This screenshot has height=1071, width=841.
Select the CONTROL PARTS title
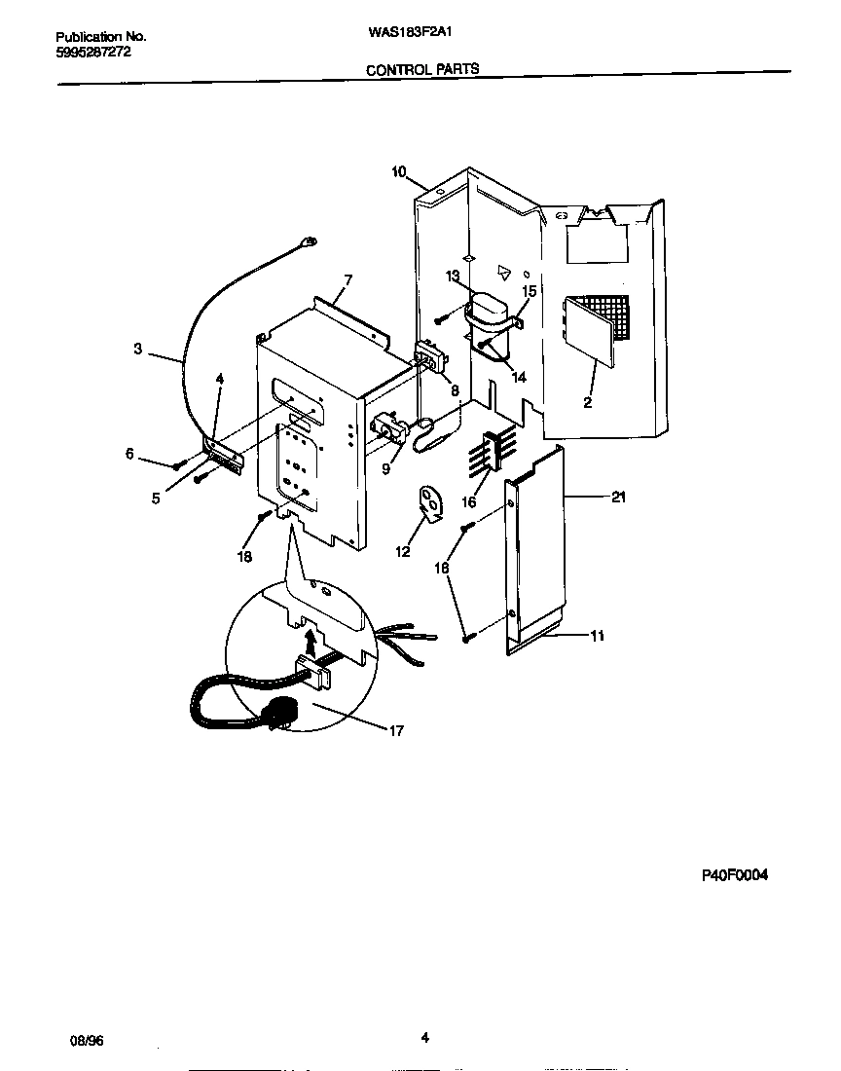(x=421, y=69)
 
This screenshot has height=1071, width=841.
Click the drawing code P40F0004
(x=735, y=875)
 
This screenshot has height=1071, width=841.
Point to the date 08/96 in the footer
(x=87, y=1039)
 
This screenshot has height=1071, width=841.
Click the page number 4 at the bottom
(x=424, y=1037)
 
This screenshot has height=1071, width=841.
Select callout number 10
(x=399, y=172)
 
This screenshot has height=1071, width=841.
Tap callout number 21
(x=617, y=498)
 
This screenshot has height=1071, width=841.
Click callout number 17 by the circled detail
(x=395, y=730)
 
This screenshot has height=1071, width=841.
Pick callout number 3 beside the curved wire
(x=138, y=348)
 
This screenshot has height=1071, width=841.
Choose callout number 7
(x=347, y=280)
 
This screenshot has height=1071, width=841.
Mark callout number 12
(x=403, y=552)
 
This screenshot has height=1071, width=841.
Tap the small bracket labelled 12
(x=429, y=499)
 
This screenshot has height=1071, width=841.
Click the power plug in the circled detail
(x=283, y=718)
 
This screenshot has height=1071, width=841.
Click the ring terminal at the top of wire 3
(x=311, y=242)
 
